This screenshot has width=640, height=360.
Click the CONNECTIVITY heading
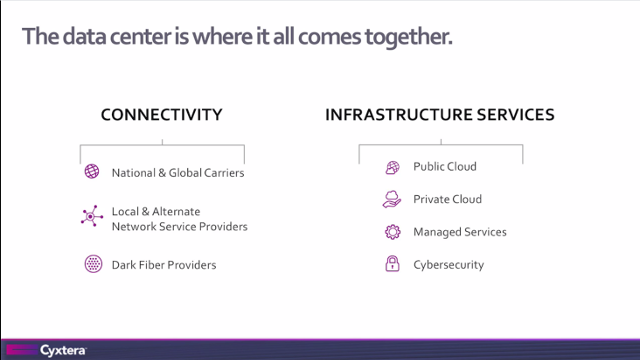coord(161,115)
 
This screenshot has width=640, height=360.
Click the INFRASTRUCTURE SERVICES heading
coord(439,115)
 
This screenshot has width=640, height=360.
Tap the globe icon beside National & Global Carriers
coord(92,172)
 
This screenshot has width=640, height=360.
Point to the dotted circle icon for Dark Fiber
coord(92,265)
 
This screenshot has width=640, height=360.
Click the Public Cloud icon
coord(393,167)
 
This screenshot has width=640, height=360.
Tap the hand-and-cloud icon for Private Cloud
coord(392,199)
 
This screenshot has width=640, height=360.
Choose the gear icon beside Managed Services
coord(393,232)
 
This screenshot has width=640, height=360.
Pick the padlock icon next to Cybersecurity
coord(393,265)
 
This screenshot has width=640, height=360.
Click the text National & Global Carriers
coord(178,173)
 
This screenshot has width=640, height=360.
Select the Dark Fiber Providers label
coord(164,265)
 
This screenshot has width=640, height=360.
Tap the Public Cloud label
coord(445,167)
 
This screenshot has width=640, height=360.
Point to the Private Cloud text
coord(447,199)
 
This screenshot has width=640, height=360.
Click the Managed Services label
coord(460,232)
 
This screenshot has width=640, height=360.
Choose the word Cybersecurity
coord(449,265)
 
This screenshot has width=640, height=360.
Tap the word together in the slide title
coord(411,38)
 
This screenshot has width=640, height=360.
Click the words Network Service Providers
coord(179,227)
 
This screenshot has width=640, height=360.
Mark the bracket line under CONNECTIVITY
coord(162,146)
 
